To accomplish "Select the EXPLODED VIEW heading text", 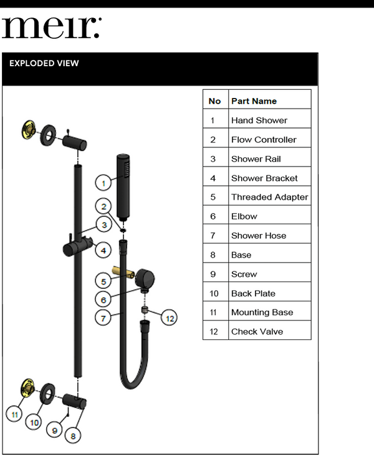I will (x=44, y=64).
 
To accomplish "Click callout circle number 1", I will (x=103, y=183).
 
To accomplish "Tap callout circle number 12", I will (x=169, y=318).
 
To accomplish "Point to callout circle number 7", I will (x=103, y=318).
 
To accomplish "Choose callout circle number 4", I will (x=103, y=251).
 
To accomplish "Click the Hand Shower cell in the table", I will (x=259, y=120).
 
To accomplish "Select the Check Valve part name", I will (x=257, y=331).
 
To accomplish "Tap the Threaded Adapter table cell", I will (x=269, y=197).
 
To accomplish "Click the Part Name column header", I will (x=254, y=101).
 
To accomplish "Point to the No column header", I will (x=214, y=101).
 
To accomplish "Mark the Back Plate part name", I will (x=253, y=293).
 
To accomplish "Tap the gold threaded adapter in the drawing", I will (x=121, y=272).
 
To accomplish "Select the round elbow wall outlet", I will (x=147, y=276).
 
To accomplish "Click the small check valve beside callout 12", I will (x=144, y=310).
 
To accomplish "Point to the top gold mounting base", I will (x=27, y=130).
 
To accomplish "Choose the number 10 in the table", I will (x=214, y=293).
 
